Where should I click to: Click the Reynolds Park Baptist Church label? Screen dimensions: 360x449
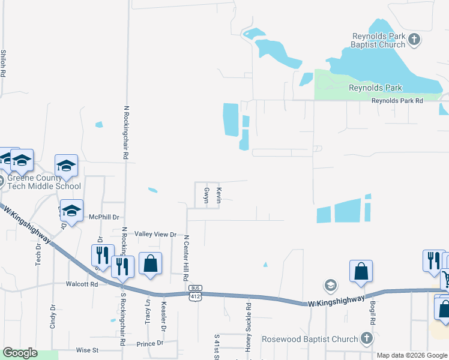tap(379, 40)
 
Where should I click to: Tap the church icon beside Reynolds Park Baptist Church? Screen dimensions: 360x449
tap(414, 40)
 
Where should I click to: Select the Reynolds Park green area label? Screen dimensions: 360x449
tap(375, 88)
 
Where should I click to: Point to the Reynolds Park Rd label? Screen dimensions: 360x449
tap(397, 101)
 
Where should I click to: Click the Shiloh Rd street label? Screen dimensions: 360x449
tap(4, 62)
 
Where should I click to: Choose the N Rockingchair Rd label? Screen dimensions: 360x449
tap(126, 132)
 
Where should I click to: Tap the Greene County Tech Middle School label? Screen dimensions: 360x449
tap(43, 182)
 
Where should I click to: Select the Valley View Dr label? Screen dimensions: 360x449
tap(155, 235)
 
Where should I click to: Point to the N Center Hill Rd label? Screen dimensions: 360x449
tap(186, 258)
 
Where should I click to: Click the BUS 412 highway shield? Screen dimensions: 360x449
tap(196, 296)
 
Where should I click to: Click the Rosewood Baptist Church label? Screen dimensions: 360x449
tap(310, 339)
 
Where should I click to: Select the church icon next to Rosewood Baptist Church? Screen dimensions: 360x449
tap(366, 339)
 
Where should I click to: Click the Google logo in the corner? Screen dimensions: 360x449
tap(20, 353)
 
